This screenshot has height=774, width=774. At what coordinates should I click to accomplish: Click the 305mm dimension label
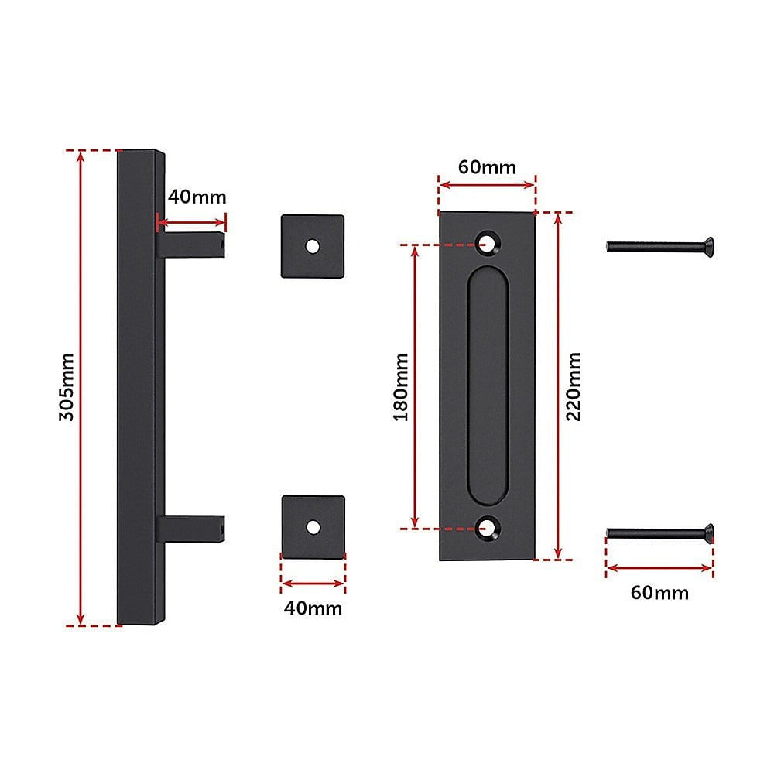pos(66,387)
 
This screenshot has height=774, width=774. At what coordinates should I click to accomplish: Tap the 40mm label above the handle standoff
pos(197,197)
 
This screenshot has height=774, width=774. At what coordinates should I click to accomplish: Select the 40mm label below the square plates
pos(313,608)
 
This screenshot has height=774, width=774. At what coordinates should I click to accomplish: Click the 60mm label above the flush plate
pos(487,167)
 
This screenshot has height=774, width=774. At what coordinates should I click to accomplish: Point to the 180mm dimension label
pos(401,387)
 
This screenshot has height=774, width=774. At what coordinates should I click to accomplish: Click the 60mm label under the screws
pos(659,592)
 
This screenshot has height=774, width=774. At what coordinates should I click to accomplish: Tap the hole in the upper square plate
pos(313,246)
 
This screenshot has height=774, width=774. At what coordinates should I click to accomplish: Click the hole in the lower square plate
pos(313,527)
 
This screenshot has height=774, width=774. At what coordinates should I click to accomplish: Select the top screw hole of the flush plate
pos(488,243)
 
